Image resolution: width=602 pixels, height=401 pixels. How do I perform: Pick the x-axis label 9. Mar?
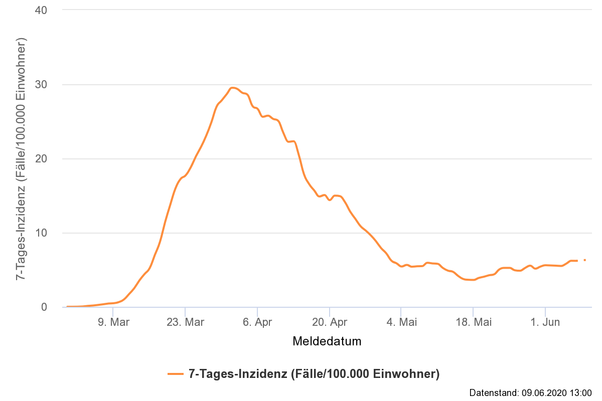tap(113, 322)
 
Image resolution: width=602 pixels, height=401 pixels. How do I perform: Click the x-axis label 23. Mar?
tap(185, 322)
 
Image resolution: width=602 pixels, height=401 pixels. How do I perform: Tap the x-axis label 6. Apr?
tap(257, 322)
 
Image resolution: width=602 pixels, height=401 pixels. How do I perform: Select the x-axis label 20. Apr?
tap(330, 322)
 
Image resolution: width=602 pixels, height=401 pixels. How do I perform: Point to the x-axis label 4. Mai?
tap(401, 322)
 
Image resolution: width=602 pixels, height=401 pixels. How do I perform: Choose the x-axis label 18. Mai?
tap(473, 322)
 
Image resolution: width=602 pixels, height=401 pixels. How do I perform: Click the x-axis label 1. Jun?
tap(545, 322)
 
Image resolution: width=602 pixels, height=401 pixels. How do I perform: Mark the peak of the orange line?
tap(233, 88)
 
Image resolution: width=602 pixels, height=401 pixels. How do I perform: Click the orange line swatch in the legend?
tap(176, 374)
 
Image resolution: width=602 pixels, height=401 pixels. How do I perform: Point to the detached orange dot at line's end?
tap(585, 260)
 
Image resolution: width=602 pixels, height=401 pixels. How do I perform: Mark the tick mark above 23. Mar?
tap(185, 311)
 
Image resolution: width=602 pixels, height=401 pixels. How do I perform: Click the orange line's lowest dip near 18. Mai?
tap(472, 280)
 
